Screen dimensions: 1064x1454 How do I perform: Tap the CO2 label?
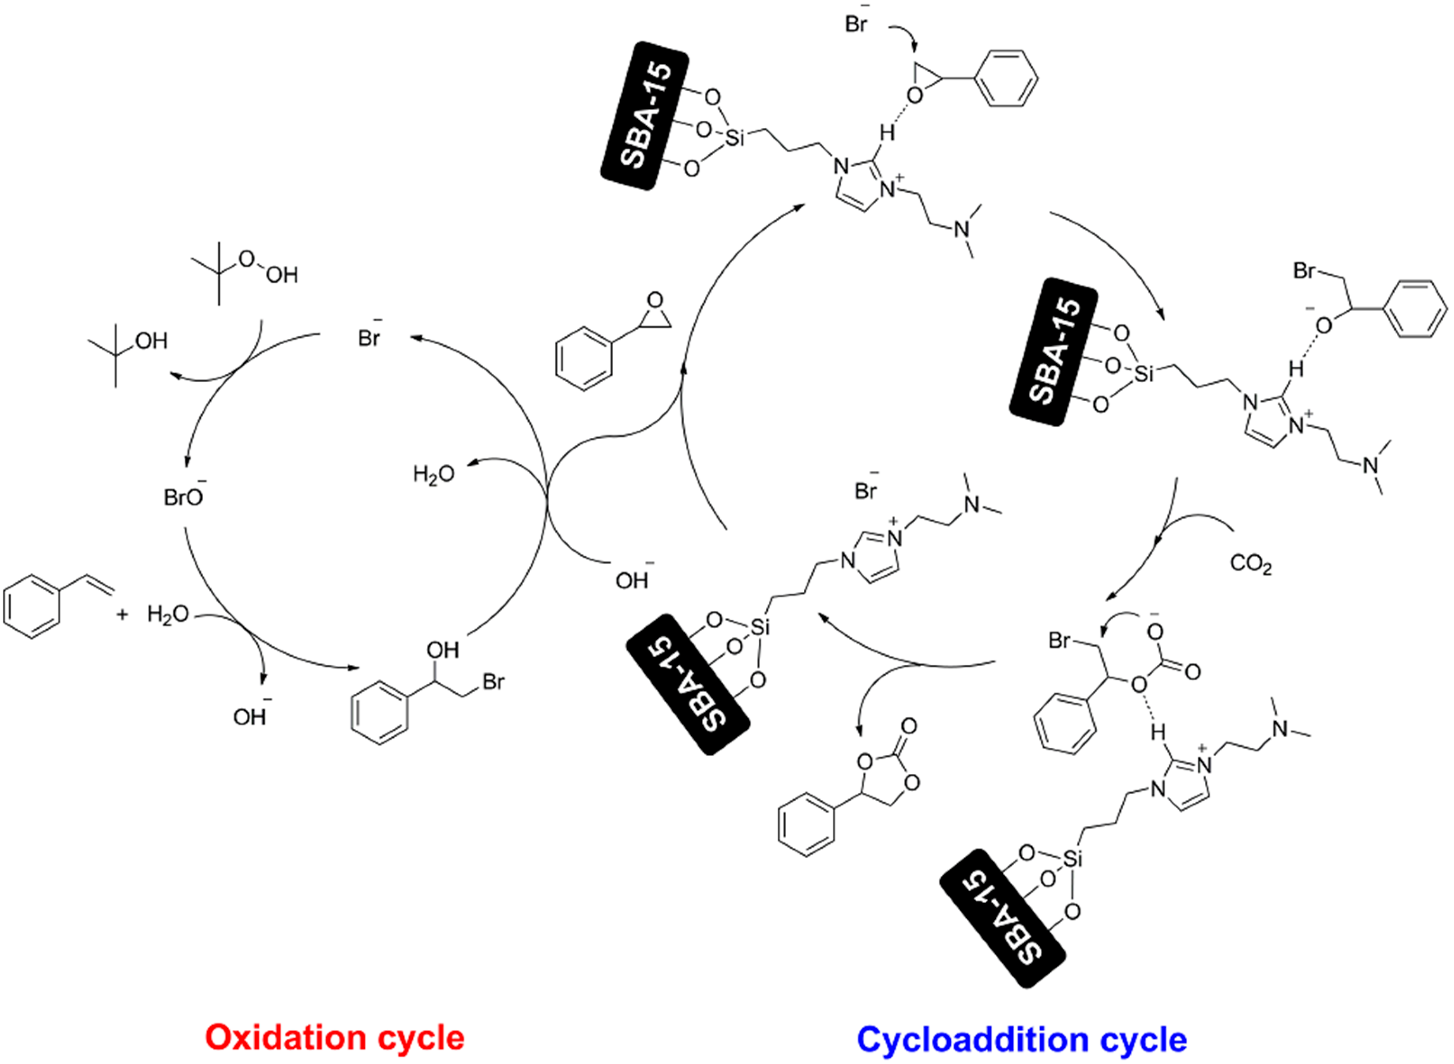coord(1250,564)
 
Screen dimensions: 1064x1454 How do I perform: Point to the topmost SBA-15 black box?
coord(645,116)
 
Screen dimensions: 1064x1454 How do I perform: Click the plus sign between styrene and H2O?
coord(122,615)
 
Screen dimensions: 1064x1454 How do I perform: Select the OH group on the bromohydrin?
coord(442,650)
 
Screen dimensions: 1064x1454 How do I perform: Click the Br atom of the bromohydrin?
coord(493,682)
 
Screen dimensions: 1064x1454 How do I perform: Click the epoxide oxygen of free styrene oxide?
coord(655,300)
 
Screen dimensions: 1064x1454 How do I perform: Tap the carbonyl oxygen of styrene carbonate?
coord(908,727)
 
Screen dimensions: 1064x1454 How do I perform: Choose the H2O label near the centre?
coord(433,475)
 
